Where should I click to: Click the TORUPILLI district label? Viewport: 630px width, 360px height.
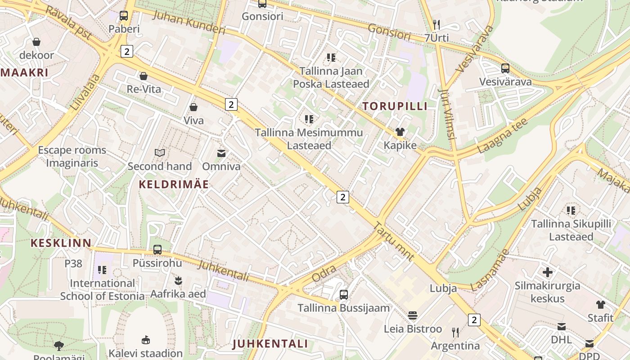395,106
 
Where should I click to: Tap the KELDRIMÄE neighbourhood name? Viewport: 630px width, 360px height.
174,184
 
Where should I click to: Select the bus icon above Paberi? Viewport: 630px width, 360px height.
124,16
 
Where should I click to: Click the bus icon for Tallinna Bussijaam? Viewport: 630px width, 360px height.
344,295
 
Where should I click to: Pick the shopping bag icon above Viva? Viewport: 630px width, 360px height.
193,107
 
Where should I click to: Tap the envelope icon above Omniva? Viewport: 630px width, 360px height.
221,153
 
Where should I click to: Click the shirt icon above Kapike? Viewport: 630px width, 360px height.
400,132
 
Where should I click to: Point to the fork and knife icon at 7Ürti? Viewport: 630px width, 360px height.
436,24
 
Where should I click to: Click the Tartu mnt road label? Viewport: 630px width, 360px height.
394,241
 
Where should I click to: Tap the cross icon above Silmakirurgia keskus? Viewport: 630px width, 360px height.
547,272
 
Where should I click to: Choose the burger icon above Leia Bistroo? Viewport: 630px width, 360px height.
413,315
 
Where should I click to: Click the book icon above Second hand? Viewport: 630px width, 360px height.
160,153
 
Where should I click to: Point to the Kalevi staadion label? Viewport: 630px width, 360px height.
146,353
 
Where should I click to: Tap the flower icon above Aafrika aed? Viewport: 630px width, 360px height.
178,281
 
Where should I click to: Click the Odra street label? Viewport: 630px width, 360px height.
324,274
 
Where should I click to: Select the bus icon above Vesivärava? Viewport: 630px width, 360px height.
505,68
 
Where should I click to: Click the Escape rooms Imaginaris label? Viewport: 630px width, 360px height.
72,156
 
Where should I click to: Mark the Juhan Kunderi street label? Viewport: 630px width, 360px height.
189,21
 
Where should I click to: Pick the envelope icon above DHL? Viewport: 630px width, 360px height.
561,327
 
